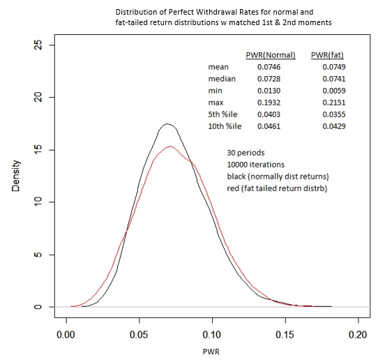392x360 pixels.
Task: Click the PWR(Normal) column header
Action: point(271,54)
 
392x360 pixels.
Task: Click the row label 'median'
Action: point(222,79)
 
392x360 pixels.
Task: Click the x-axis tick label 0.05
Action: point(139,333)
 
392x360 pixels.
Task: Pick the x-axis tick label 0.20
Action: point(358,333)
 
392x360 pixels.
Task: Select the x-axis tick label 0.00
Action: point(66,333)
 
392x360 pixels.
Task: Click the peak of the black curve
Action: point(167,124)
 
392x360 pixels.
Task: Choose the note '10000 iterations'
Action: point(255,164)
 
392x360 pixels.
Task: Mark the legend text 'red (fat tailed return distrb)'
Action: point(276,188)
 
